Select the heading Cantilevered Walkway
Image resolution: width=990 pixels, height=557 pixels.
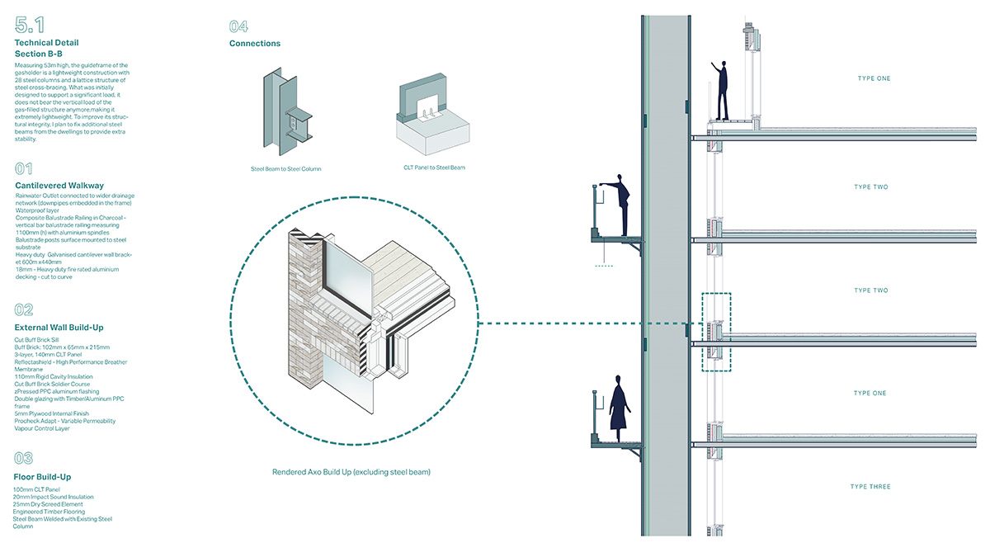tap(59, 186)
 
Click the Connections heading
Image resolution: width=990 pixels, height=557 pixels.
tap(255, 44)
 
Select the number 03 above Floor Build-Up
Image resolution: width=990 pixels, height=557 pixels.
tap(24, 458)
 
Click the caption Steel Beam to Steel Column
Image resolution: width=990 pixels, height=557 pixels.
tap(285, 168)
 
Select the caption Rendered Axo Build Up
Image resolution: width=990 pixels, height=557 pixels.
tap(351, 472)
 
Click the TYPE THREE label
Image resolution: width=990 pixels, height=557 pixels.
tap(871, 487)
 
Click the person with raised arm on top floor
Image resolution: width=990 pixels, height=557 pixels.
tap(723, 91)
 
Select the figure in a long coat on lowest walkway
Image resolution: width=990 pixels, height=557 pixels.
tap(619, 408)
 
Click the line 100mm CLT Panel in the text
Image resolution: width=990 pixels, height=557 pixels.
tap(36, 490)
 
